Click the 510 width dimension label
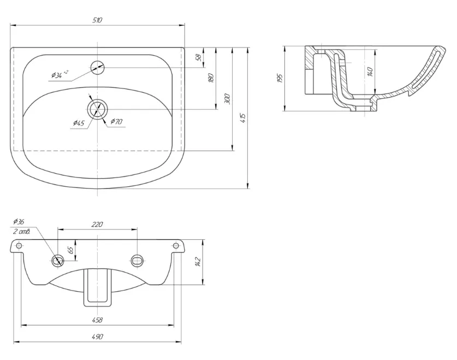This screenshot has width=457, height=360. point(98,20)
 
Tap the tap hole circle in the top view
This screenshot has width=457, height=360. point(97,68)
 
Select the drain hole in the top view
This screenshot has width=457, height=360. point(97,109)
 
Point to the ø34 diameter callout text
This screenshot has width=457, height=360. point(60,74)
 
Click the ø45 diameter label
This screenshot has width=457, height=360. point(79,123)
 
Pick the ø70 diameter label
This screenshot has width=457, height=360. point(116,122)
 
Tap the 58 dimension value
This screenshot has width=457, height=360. point(199,57)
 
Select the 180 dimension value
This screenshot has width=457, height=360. point(212,78)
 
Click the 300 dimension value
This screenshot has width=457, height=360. point(228,99)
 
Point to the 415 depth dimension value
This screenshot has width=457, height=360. point(244,118)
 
